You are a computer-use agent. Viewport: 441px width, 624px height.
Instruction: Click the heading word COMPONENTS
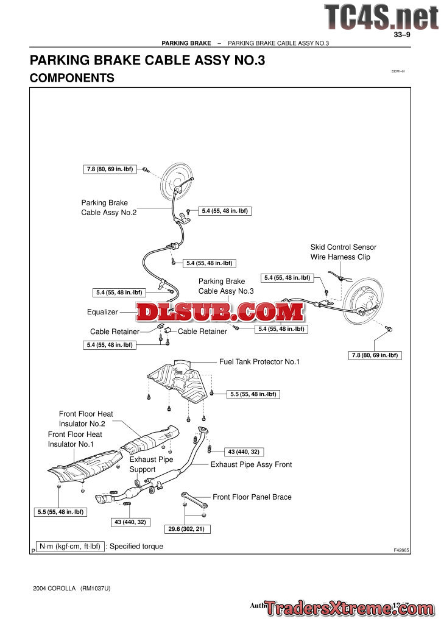point(72,78)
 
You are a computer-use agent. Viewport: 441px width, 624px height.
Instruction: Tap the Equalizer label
point(102,312)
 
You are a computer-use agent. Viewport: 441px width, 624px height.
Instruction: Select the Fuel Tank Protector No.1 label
point(259,362)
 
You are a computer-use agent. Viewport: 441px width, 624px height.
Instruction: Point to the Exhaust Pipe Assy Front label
point(251,464)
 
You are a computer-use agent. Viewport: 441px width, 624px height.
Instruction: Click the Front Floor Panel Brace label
point(252,497)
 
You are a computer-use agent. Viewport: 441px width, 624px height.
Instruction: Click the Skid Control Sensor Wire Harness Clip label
point(343,252)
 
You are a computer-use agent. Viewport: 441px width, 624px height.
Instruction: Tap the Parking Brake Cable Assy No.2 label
point(108,208)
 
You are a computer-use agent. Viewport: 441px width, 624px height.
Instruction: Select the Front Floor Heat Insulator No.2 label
point(86,419)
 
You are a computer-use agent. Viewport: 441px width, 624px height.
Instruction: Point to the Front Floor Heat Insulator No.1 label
point(75,439)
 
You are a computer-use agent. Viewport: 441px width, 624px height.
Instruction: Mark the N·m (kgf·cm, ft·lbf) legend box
point(69,547)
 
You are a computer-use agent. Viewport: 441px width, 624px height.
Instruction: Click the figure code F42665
point(401,550)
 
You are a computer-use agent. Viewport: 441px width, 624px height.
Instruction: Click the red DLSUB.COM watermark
point(220,313)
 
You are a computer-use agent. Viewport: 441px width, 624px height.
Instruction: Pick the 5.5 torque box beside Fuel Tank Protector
point(253,394)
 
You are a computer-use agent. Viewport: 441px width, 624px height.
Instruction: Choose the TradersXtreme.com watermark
point(348,609)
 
